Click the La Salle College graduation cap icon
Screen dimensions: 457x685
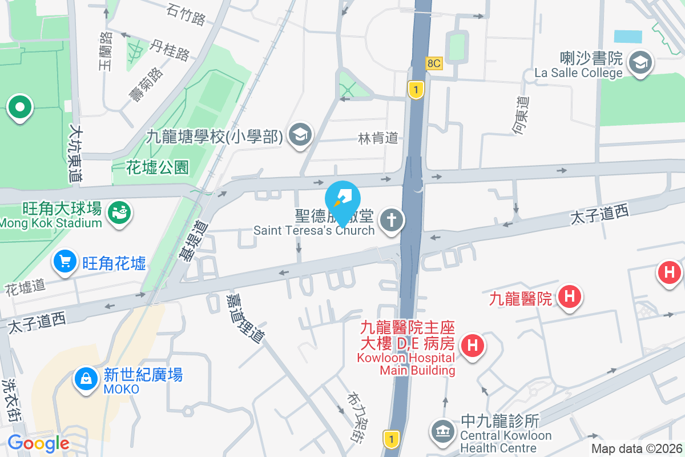(640, 62)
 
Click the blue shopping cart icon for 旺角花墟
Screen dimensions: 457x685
(65, 262)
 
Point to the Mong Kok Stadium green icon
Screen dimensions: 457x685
(119, 213)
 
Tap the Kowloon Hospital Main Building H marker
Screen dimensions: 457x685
(473, 345)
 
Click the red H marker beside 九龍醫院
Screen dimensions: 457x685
(569, 296)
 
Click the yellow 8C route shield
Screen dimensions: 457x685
(434, 63)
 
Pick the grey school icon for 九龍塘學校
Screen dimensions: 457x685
(299, 135)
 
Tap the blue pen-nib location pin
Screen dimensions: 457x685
(342, 198)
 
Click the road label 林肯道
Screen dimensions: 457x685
(377, 138)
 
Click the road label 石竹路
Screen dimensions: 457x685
(186, 15)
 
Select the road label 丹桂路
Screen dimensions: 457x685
(170, 50)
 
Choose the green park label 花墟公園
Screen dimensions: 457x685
(158, 167)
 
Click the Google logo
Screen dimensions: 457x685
(38, 443)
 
